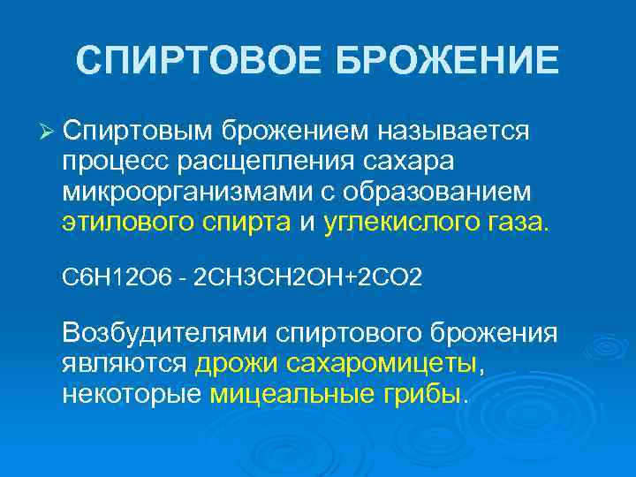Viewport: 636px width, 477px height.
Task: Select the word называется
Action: (454, 132)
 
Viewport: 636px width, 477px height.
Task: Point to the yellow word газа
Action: (519, 223)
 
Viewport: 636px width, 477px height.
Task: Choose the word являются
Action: (124, 364)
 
